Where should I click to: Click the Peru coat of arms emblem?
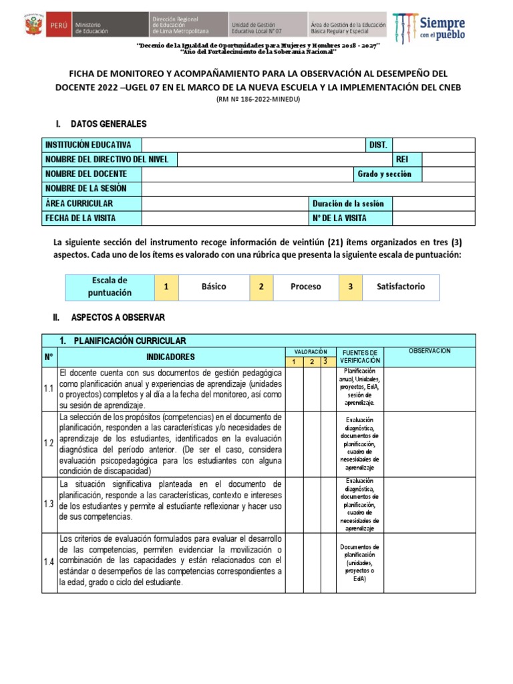(x=31, y=26)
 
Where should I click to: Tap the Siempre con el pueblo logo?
(x=429, y=27)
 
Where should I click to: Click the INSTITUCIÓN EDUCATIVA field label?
(x=88, y=145)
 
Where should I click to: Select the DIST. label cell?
(x=378, y=145)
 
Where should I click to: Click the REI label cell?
(x=402, y=160)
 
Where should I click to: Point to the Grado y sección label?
(x=384, y=174)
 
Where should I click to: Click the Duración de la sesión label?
(x=348, y=203)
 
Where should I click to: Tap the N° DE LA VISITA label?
(x=339, y=218)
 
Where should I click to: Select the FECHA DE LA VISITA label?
(x=80, y=218)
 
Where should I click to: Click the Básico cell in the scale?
(x=214, y=287)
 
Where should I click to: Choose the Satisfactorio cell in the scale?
(x=400, y=287)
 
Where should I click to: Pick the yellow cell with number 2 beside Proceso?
(x=261, y=287)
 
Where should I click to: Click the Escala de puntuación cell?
(x=110, y=287)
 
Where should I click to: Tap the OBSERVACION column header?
(x=430, y=351)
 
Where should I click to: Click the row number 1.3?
(x=49, y=504)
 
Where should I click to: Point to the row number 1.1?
(x=49, y=388)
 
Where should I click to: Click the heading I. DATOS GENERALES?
(x=101, y=124)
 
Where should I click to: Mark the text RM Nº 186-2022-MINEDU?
(x=258, y=100)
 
